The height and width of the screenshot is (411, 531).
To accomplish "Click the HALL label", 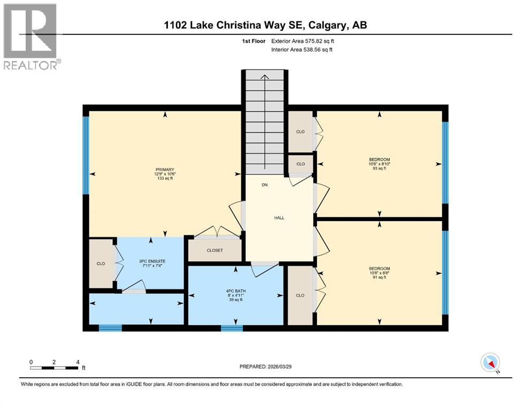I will (x=279, y=218).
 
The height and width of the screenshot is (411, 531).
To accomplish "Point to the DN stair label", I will (x=264, y=185).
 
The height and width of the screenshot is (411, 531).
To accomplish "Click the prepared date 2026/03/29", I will (x=266, y=367).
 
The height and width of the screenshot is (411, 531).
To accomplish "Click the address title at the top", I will (x=266, y=25).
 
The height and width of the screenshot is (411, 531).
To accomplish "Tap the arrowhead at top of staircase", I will (x=265, y=77).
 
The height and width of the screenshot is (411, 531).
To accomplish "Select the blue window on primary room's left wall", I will (x=86, y=155).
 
